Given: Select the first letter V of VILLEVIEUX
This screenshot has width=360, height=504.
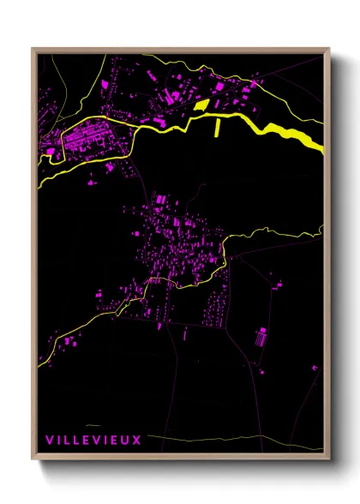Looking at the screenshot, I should (49, 440).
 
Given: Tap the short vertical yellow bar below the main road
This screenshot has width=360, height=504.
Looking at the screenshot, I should (218, 128).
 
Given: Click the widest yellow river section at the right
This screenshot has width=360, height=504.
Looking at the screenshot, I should (296, 135).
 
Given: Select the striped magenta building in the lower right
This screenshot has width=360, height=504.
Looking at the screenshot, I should (261, 338).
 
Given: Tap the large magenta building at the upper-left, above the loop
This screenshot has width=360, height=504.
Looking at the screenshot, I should (107, 84).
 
